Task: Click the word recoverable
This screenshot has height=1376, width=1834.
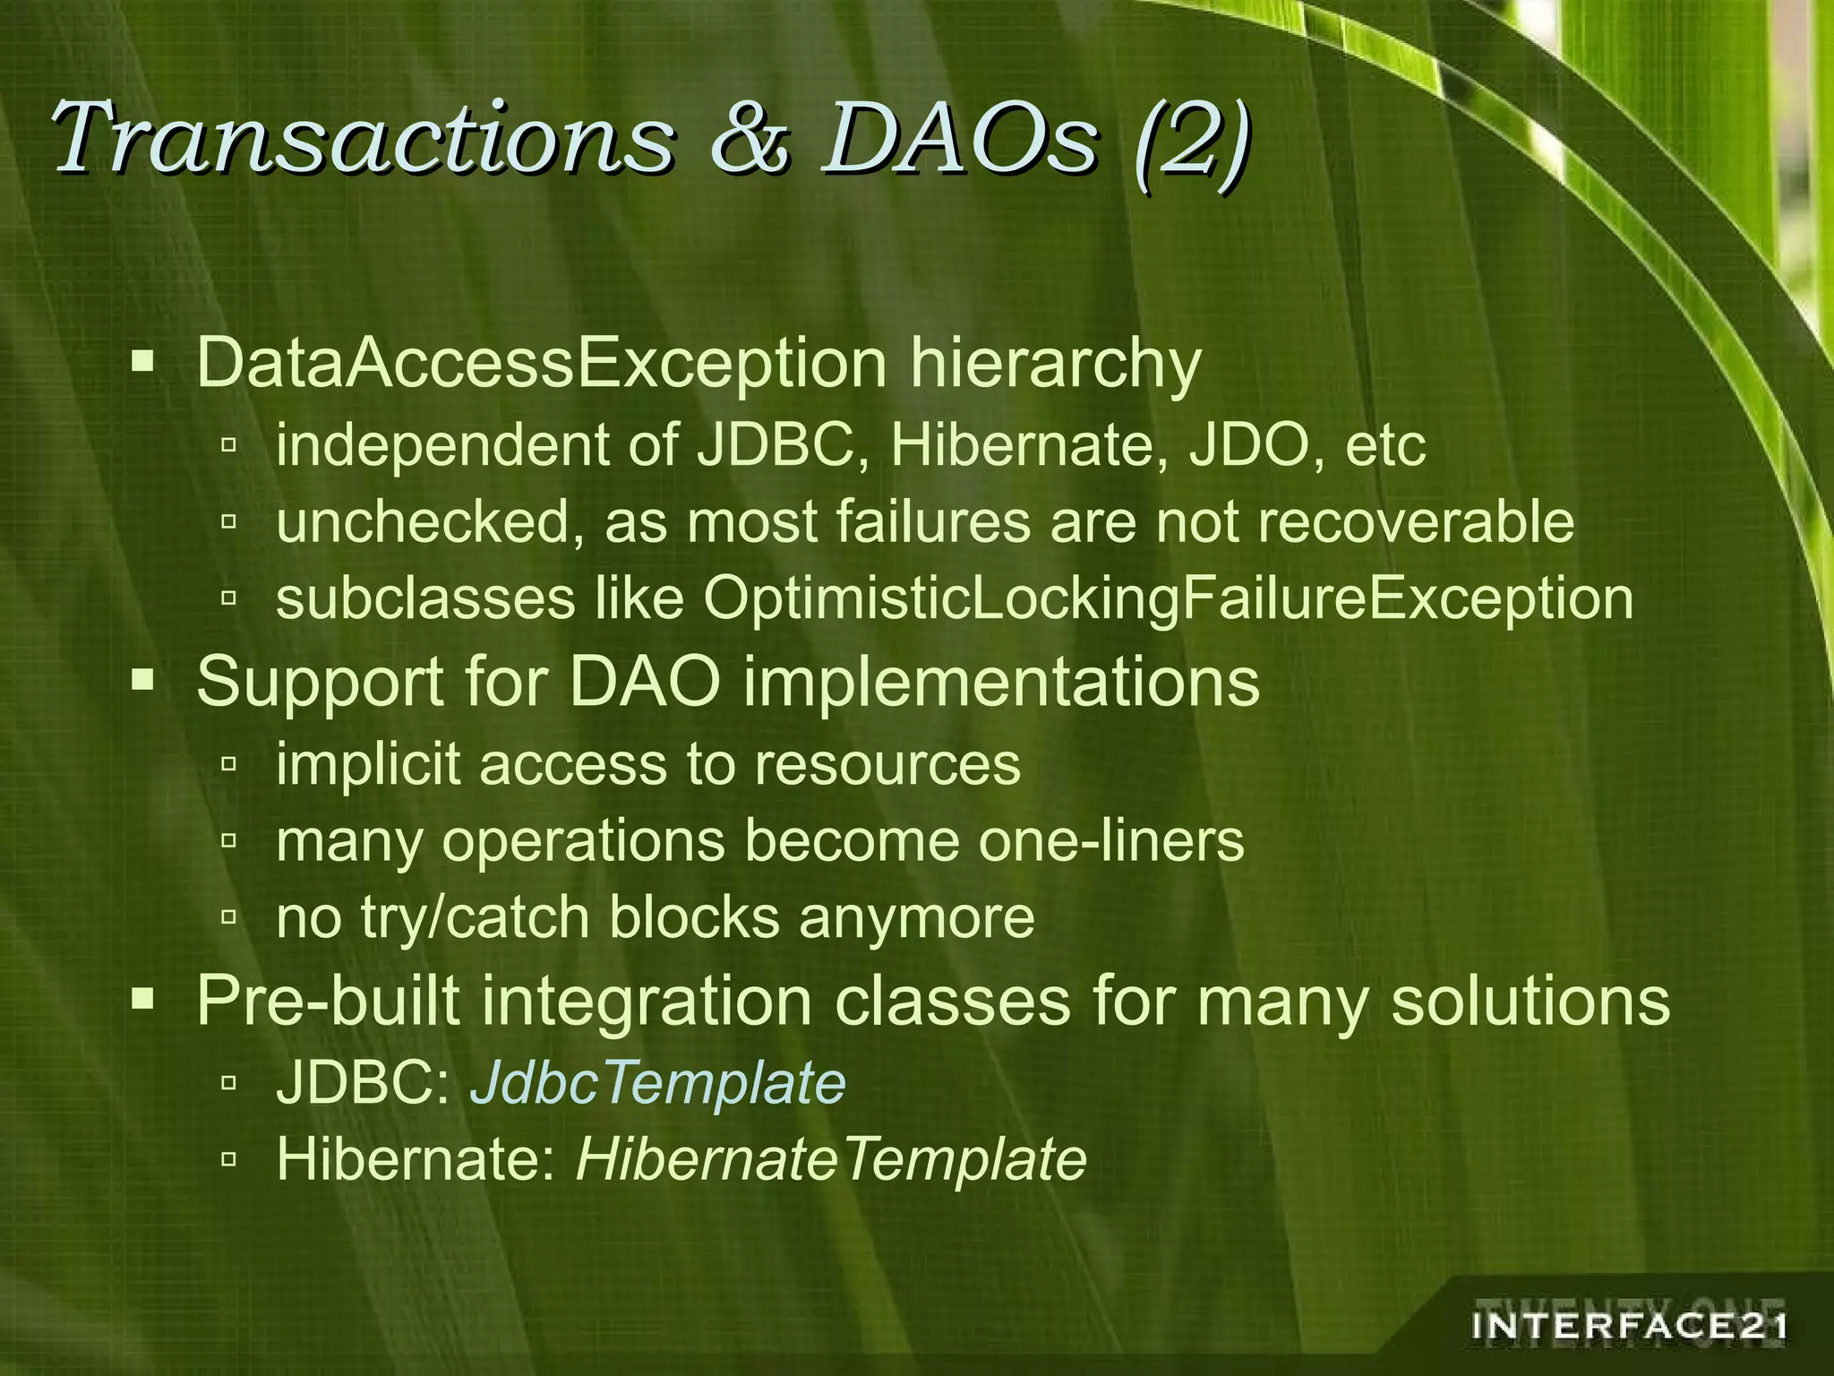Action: pyautogui.click(x=1416, y=521)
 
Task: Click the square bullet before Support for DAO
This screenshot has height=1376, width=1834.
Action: pyautogui.click(x=142, y=682)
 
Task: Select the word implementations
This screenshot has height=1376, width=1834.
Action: pyautogui.click(x=1001, y=682)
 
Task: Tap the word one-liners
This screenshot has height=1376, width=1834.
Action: pyautogui.click(x=1110, y=840)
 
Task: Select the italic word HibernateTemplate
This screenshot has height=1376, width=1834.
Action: pyautogui.click(x=831, y=1159)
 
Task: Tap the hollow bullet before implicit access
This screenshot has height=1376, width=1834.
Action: pyautogui.click(x=228, y=764)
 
